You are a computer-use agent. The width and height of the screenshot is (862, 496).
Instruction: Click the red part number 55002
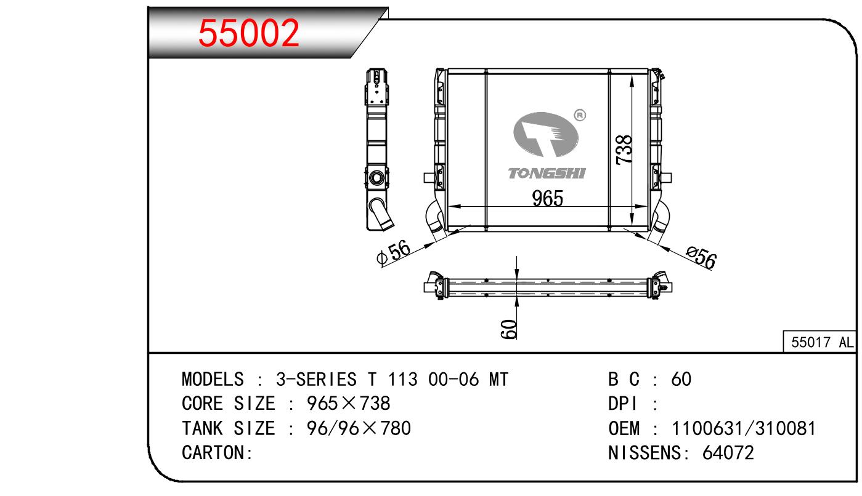pyautogui.click(x=248, y=33)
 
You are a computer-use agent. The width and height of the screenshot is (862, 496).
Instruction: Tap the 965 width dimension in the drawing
pyautogui.click(x=547, y=198)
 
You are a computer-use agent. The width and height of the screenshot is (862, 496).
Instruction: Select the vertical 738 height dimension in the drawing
pyautogui.click(x=624, y=150)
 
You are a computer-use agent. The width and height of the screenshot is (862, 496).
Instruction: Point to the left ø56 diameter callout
pyautogui.click(x=393, y=253)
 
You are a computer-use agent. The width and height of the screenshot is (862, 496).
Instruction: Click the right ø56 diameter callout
pyautogui.click(x=701, y=257)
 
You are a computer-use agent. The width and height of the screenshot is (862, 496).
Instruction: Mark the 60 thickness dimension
pyautogui.click(x=509, y=329)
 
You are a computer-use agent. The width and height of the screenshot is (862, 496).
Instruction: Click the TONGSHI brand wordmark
pyautogui.click(x=547, y=174)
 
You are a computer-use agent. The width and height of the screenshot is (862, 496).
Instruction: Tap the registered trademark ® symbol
pyautogui.click(x=580, y=115)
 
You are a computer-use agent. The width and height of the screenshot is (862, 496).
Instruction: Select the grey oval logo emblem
pyautogui.click(x=546, y=135)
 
